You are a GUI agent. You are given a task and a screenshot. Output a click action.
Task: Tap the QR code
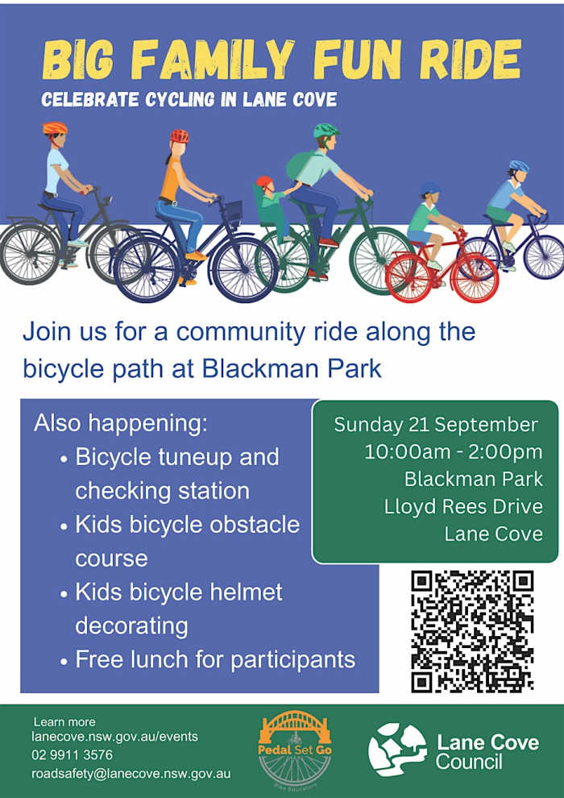[x=472, y=631]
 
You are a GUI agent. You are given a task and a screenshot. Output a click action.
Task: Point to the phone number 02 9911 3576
[x=73, y=754]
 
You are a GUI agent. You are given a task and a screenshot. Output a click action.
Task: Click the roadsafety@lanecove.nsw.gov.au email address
[x=127, y=774]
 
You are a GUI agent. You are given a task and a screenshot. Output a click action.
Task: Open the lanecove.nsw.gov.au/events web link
[x=115, y=737]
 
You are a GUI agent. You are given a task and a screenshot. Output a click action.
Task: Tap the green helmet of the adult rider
[x=326, y=131]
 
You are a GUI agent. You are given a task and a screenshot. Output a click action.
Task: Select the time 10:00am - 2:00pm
[x=454, y=452]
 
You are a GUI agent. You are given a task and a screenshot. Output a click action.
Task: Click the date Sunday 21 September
[x=435, y=425]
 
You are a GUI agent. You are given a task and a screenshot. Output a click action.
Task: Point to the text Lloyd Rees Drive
[x=463, y=506]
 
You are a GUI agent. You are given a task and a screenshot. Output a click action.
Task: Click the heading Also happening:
[x=121, y=424]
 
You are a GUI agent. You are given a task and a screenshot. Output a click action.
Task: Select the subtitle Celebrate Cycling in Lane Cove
[x=189, y=99]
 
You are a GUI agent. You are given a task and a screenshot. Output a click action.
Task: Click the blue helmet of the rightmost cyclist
[x=519, y=166]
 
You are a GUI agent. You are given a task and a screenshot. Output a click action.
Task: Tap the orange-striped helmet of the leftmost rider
[x=55, y=128]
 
